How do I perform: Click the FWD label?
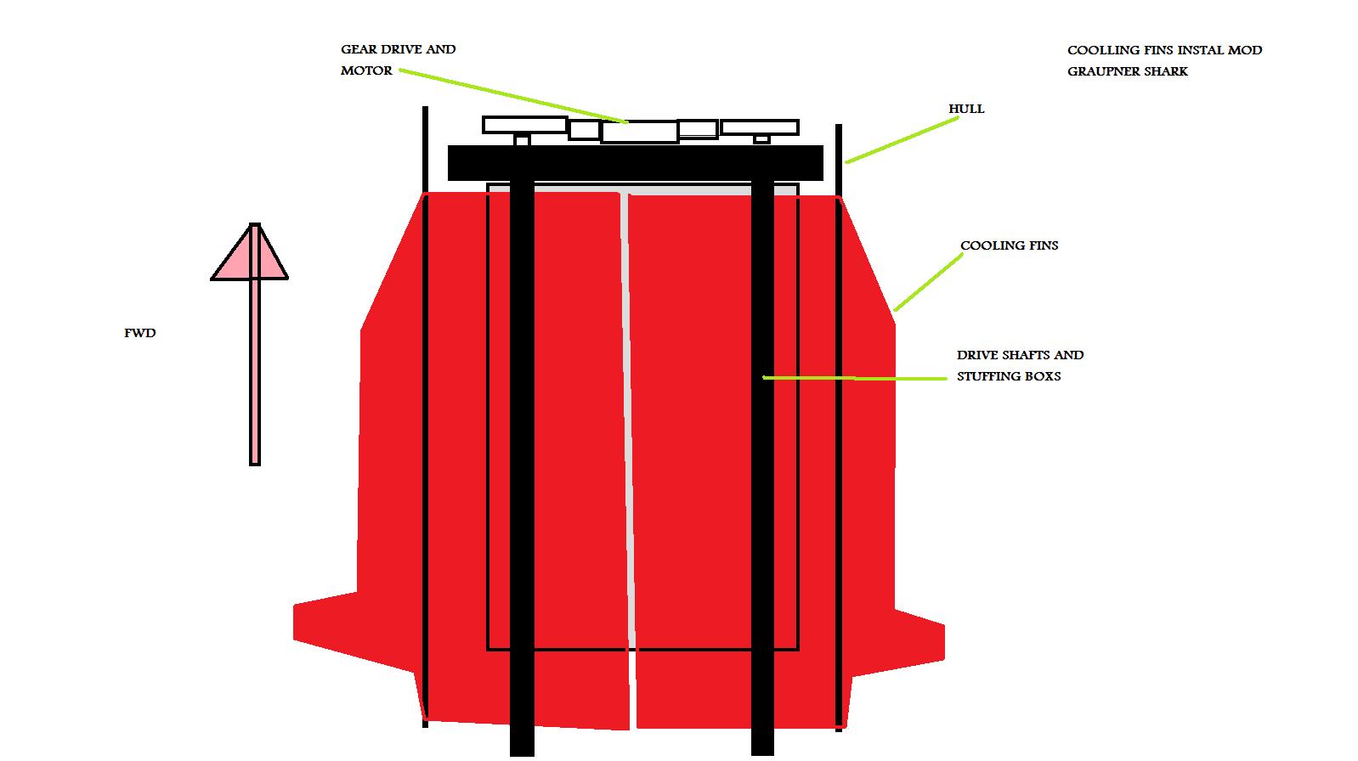140,334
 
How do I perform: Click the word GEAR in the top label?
359,49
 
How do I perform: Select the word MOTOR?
366,70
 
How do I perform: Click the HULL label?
966,109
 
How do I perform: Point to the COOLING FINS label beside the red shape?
1009,245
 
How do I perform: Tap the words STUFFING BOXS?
1009,376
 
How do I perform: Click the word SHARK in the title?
1165,71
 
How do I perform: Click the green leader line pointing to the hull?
901,140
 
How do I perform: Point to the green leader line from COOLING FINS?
928,281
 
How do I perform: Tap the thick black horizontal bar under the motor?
635,163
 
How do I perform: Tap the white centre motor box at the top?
639,132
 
